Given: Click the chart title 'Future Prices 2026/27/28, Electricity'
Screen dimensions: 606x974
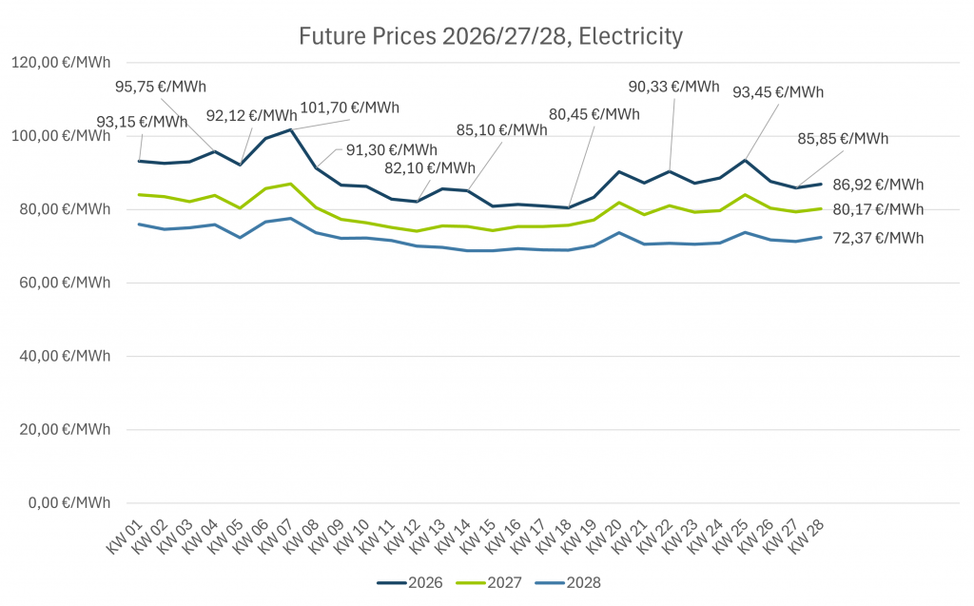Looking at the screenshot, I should [491, 37].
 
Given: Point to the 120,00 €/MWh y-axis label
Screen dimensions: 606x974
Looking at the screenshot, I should [60, 63].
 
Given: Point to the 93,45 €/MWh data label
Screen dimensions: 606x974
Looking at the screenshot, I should [777, 92].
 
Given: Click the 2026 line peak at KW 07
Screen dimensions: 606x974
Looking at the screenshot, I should [290, 129].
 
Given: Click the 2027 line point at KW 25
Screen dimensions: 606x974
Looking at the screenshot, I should [745, 195].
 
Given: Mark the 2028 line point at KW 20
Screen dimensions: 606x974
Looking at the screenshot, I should [619, 233].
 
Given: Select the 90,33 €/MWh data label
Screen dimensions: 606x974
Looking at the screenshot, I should [673, 87].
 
